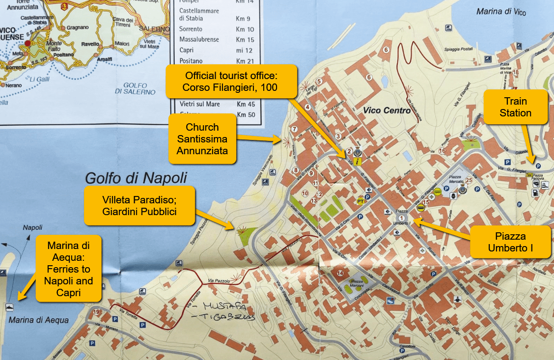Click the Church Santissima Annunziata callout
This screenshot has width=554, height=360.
tap(202, 139)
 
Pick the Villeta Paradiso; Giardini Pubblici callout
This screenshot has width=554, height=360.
tap(139, 205)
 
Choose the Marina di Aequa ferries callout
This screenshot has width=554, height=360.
tap(68, 268)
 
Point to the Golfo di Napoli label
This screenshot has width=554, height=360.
tap(136, 177)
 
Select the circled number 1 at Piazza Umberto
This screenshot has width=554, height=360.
tap(402, 218)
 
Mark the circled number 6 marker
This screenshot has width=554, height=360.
tap(386, 50)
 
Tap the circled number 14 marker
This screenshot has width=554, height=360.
tap(340, 274)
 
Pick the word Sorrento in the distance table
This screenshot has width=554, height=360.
tap(191, 29)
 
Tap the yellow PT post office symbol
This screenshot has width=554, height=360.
tap(360, 201)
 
